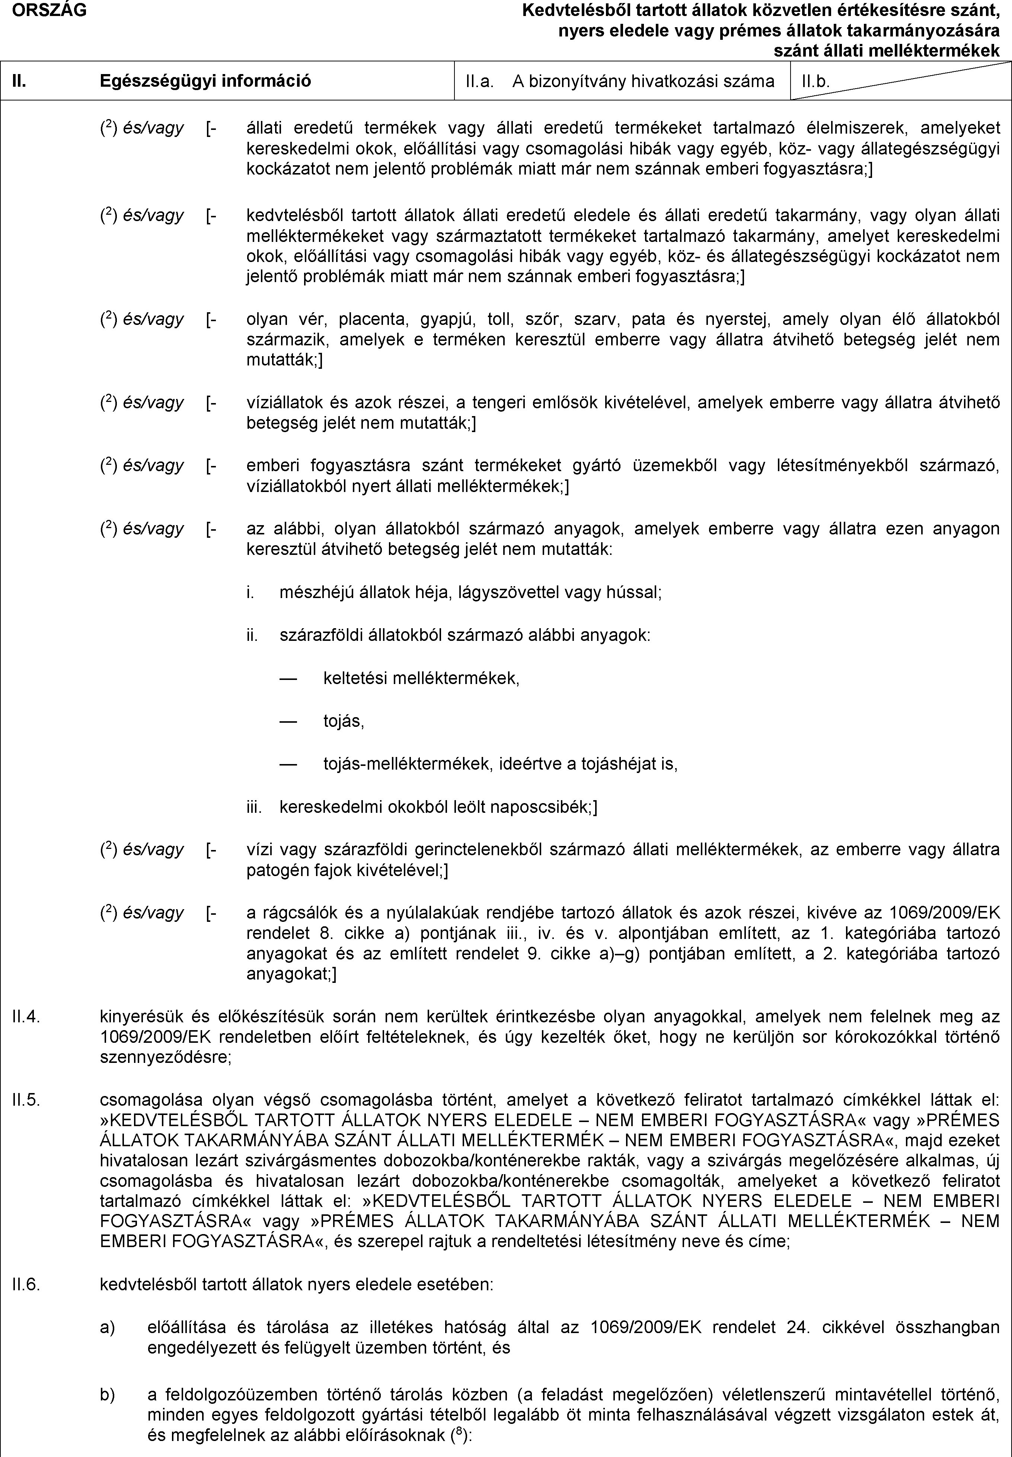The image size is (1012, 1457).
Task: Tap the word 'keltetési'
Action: [x=355, y=678]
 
